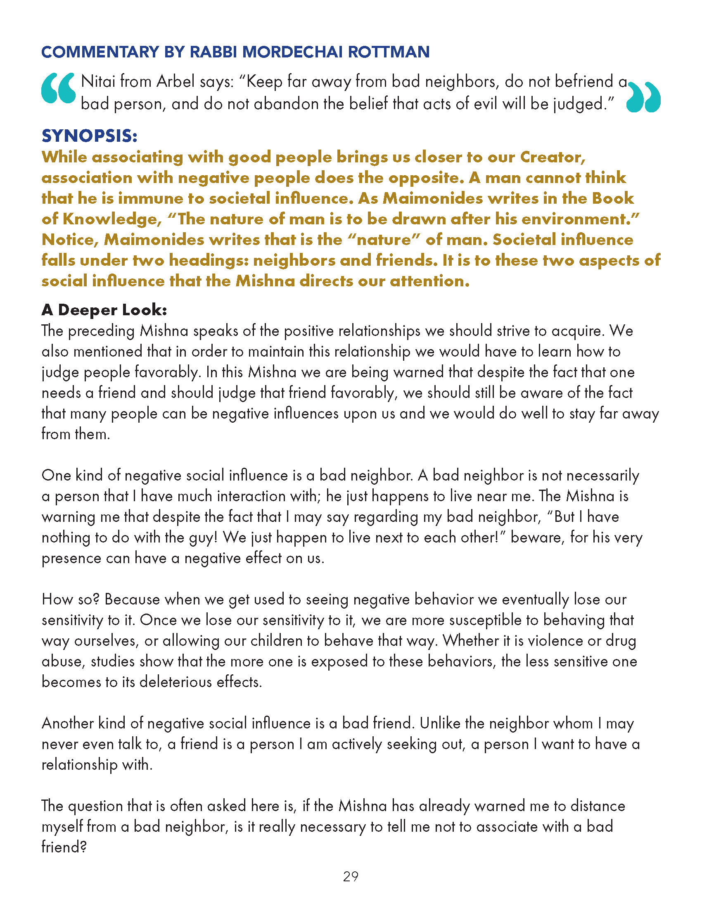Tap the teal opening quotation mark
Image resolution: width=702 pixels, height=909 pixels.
[59, 88]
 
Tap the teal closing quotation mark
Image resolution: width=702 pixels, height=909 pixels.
[643, 98]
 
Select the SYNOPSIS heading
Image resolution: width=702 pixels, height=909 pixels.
[90, 136]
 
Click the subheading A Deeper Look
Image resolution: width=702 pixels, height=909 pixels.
[104, 309]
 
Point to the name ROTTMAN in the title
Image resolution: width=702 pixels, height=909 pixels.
[389, 52]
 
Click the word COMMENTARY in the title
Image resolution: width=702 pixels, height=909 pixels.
[100, 52]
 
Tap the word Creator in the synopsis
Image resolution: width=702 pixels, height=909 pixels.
[552, 157]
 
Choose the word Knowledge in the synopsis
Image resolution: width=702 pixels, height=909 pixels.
[112, 219]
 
